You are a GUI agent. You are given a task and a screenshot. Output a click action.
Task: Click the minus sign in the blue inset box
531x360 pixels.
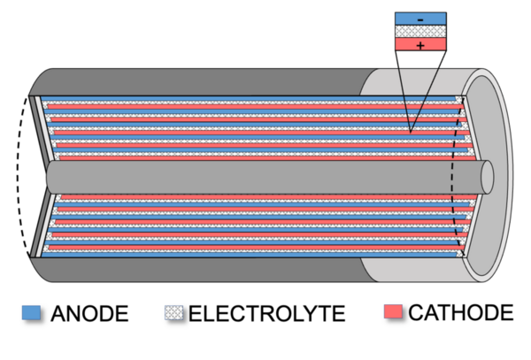(419, 19)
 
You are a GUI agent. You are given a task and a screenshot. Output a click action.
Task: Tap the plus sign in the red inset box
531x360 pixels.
(419, 44)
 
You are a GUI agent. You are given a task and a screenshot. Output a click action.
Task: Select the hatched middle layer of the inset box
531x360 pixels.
(419, 31)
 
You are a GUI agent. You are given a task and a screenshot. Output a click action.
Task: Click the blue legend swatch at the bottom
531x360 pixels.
(31, 311)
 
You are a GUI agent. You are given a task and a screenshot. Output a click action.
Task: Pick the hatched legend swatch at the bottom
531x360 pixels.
(173, 311)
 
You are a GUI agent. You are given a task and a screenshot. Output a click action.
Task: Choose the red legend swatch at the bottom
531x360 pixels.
(393, 311)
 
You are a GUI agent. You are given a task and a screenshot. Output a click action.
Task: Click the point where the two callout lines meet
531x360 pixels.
(411, 133)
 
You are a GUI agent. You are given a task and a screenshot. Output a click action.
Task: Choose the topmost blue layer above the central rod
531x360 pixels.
(248, 99)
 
